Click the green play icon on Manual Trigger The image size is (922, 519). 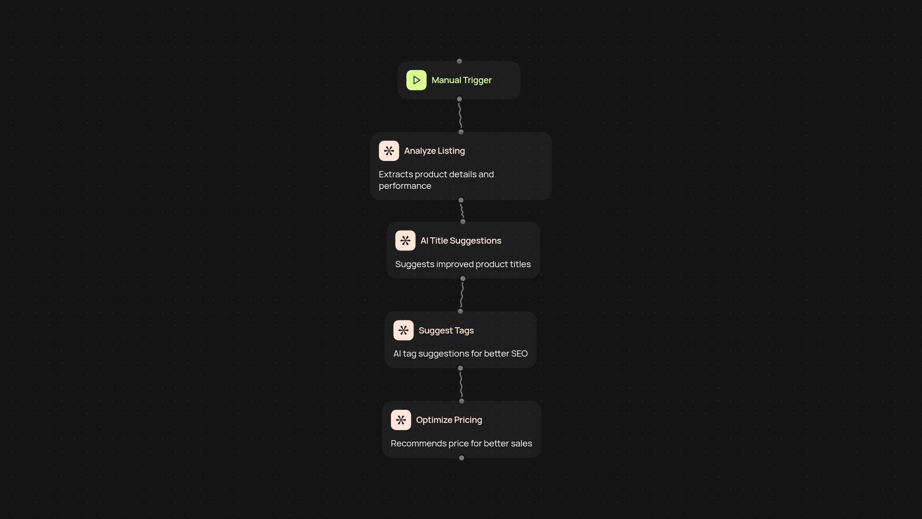pos(416,80)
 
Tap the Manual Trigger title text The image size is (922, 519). pos(461,80)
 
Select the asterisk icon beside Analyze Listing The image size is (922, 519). pos(389,151)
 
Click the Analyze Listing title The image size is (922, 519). pos(435,151)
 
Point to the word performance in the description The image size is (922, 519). pos(405,186)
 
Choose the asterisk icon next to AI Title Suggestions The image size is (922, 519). pos(405,241)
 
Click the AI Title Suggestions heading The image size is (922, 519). pos(461,241)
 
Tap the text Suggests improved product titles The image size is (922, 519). pos(463,264)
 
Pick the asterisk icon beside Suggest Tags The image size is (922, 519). pos(403,331)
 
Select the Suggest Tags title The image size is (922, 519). pos(446,331)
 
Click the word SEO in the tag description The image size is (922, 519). pos(519,354)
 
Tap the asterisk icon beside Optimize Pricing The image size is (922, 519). pos(401,420)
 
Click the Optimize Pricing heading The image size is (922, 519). pos(449,420)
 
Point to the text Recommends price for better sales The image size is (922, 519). pos(461,444)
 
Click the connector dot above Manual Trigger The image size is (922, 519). pos(459,61)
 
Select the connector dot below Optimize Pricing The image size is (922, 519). pos(461,458)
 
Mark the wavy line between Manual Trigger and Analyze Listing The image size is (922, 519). pos(460,115)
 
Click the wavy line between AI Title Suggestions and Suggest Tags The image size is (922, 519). pos(461,295)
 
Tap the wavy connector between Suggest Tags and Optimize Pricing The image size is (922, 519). pos(461,384)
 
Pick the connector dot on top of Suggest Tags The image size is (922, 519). pos(461,311)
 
